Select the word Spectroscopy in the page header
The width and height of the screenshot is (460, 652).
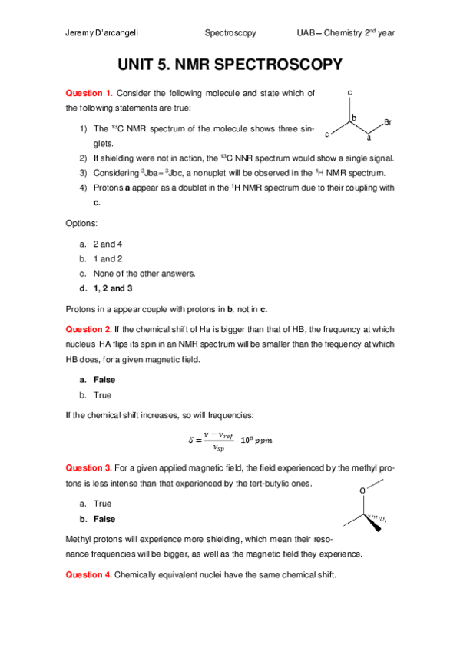pos(230,34)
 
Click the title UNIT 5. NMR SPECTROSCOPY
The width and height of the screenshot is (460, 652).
pos(230,66)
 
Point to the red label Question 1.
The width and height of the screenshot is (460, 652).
pos(88,93)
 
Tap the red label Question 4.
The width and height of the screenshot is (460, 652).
pos(88,574)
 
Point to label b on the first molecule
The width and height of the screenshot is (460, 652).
pos(354,118)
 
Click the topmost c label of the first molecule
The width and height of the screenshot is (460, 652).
pos(350,93)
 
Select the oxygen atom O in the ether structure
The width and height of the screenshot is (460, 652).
pos(362,490)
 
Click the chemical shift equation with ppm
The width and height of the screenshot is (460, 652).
pos(230,440)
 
